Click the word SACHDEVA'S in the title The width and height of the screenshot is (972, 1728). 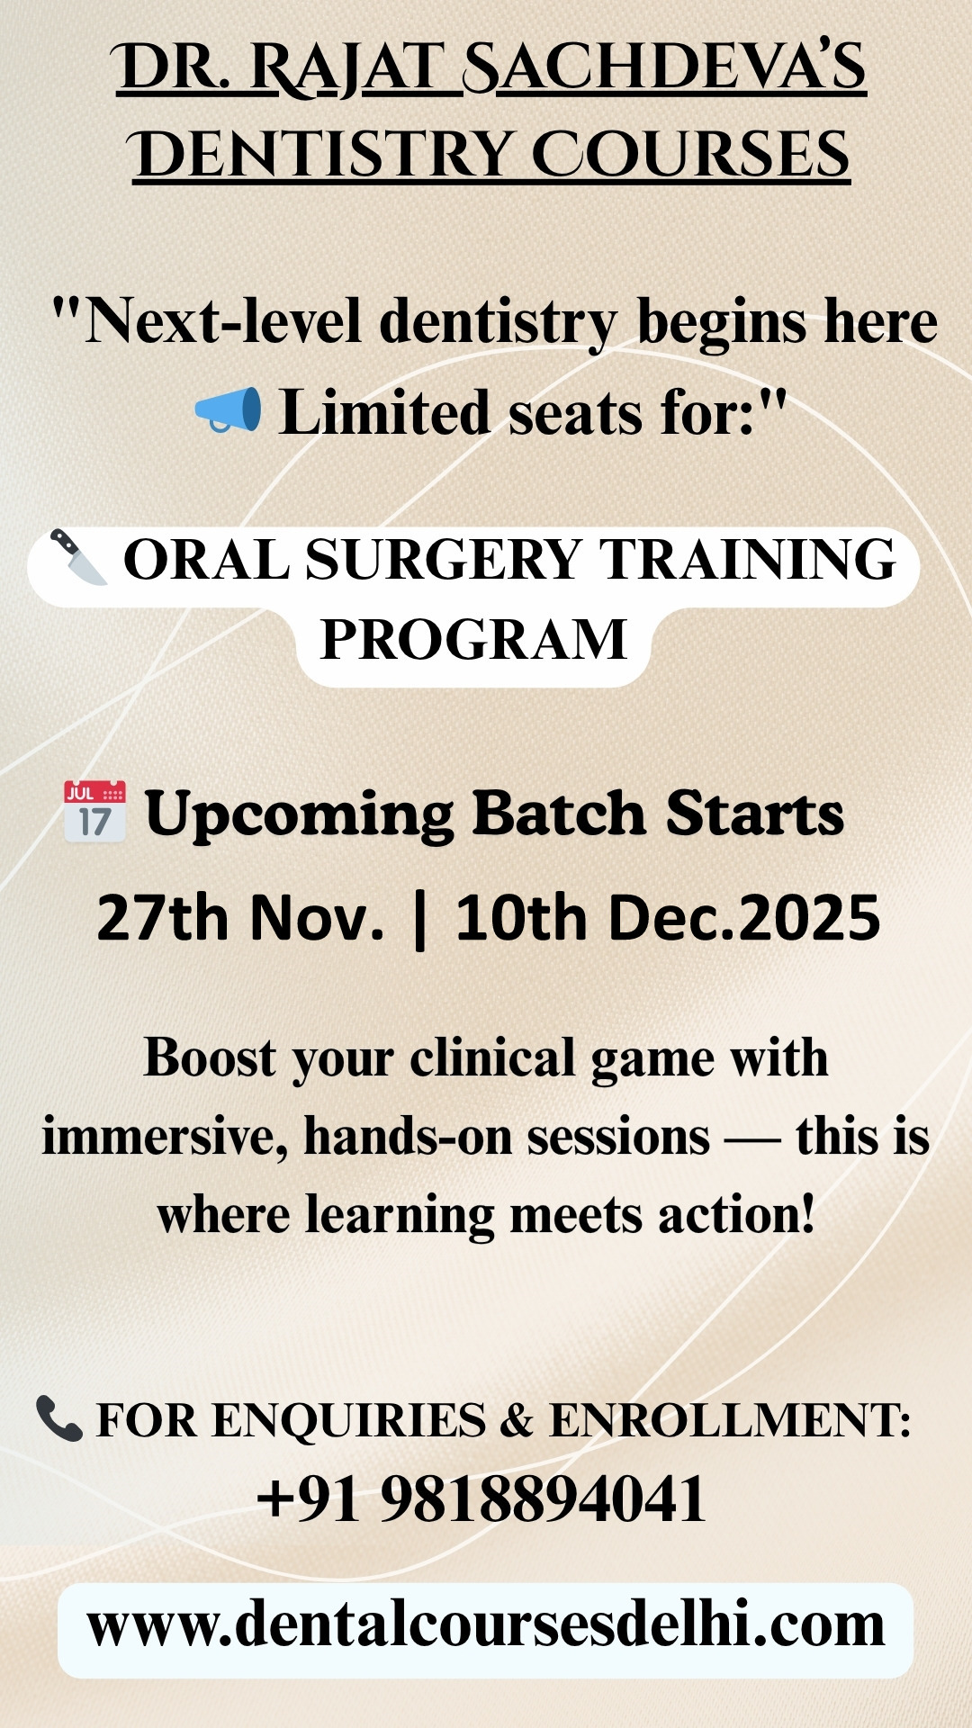click(664, 68)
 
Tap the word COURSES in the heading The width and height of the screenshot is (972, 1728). click(690, 154)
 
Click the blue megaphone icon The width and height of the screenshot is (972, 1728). click(229, 410)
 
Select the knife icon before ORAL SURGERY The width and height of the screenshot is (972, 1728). click(78, 556)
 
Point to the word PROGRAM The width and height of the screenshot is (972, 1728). click(473, 640)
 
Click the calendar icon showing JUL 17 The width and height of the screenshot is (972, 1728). click(94, 812)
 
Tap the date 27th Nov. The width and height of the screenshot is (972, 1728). click(240, 918)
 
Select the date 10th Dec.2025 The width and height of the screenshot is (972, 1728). click(668, 918)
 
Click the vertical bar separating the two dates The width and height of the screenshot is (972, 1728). click(419, 920)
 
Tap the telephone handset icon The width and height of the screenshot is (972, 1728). click(59, 1418)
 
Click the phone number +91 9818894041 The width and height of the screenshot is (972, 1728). click(481, 1500)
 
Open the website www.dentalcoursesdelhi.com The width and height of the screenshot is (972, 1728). click(486, 1625)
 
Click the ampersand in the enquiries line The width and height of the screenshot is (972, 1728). click(517, 1421)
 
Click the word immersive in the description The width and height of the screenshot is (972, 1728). click(165, 1137)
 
